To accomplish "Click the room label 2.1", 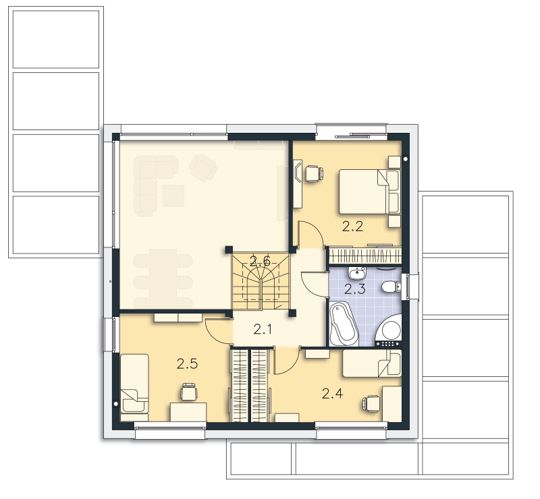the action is (x=263, y=330).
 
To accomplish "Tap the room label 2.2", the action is (x=352, y=227).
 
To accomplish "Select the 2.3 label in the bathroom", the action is (x=355, y=289).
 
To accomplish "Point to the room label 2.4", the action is (x=332, y=393).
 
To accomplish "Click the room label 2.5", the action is (x=187, y=363).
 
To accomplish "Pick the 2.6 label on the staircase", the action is (x=260, y=262).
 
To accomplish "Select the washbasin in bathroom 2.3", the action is (x=357, y=273).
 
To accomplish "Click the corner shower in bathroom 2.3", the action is (x=390, y=330).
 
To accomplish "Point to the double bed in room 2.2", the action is (x=369, y=192).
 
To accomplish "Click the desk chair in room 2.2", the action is (x=314, y=174).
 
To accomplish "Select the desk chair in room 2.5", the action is (x=189, y=392).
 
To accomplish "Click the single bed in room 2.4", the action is (x=372, y=363).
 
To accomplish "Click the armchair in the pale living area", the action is (x=203, y=167).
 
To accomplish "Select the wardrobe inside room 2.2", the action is (x=365, y=256).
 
